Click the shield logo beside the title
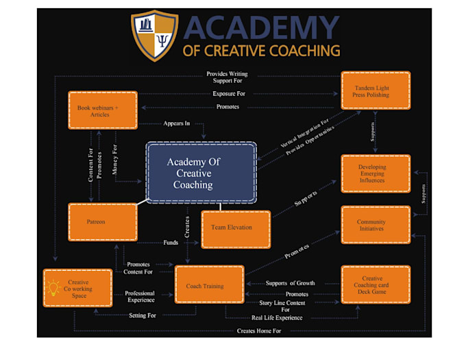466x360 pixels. [x=154, y=36]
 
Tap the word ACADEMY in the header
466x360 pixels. [x=262, y=28]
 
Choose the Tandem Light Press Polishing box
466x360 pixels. [x=376, y=90]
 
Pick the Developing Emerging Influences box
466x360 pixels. [x=376, y=173]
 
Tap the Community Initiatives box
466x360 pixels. [x=376, y=225]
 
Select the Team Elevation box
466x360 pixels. [x=235, y=228]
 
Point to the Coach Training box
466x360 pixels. [x=210, y=285]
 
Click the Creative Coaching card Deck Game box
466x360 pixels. [x=376, y=284]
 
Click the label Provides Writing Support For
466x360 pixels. [x=228, y=77]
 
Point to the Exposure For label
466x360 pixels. [x=228, y=94]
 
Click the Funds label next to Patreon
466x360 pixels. [x=171, y=242]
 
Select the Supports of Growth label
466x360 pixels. [x=290, y=283]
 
